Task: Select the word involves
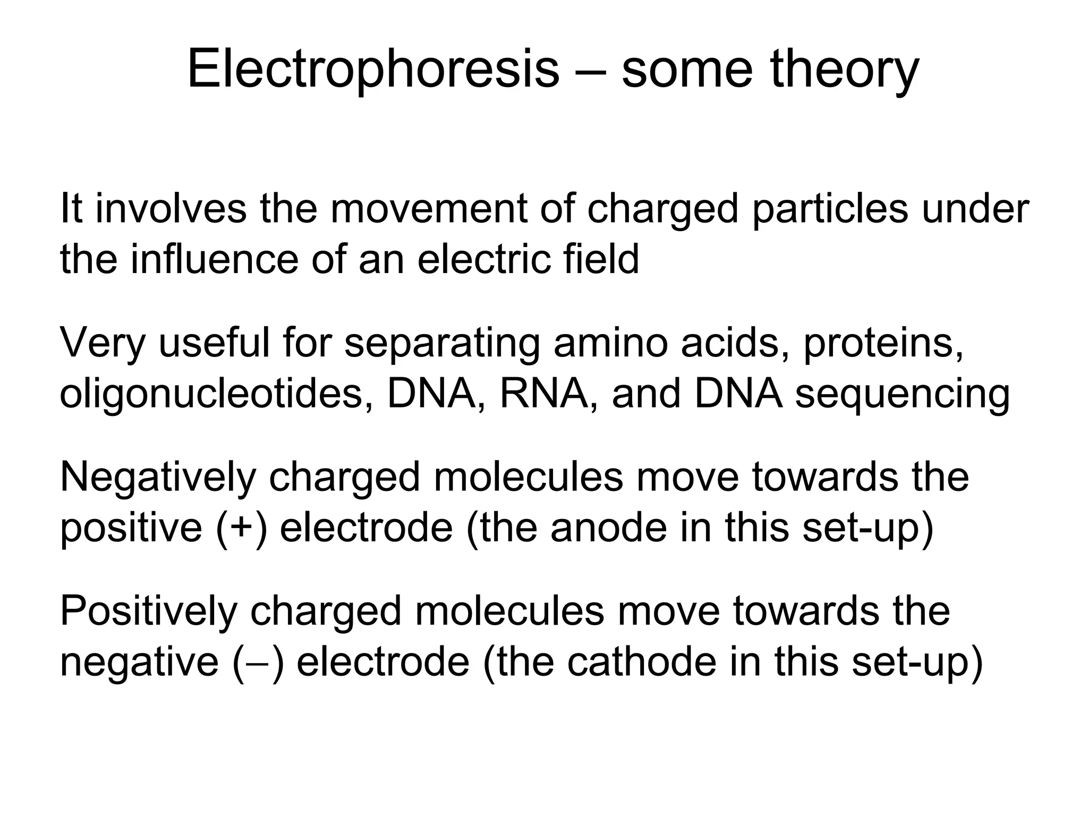click(171, 209)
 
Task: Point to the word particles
click(830, 209)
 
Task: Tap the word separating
click(442, 344)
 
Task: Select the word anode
click(608, 528)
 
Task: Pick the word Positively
click(148, 611)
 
